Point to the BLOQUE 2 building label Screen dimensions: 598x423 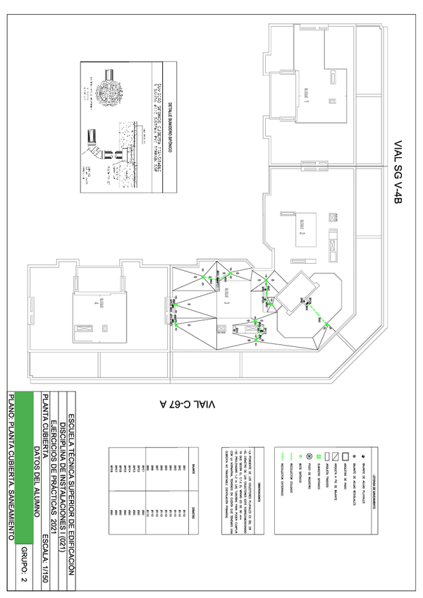[301, 224]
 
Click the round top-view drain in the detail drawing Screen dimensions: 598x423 [111, 91]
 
